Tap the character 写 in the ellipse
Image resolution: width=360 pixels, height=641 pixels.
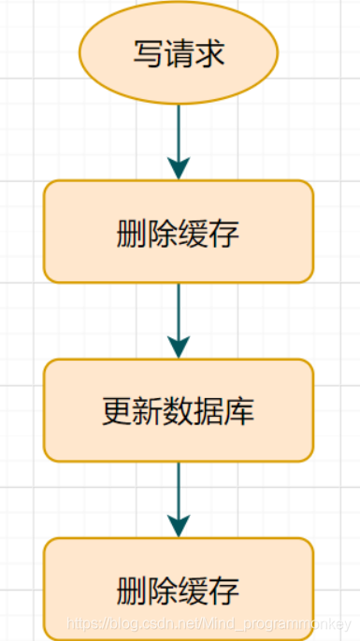[148, 52]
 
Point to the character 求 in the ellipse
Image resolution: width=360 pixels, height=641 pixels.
[209, 52]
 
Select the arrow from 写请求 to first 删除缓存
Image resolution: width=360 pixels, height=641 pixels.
[179, 131]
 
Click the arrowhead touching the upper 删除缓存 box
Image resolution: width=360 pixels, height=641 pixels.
[179, 169]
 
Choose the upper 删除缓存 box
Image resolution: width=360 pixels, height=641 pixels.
[178, 231]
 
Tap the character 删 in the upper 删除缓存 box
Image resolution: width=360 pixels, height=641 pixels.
[133, 233]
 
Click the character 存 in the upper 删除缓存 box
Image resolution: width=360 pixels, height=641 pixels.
[224, 233]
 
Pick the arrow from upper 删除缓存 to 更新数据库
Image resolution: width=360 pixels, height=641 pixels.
[179, 313]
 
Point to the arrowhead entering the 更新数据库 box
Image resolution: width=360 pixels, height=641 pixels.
[179, 348]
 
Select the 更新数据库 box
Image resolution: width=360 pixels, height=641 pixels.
[178, 410]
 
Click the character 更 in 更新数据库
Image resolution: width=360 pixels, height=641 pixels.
[117, 411]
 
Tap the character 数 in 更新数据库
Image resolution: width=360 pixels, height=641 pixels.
[179, 411]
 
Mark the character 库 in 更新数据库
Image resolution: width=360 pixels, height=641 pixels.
[239, 411]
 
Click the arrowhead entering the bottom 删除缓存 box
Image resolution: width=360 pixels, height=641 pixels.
[179, 526]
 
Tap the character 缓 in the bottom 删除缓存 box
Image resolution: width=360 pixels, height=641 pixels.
[194, 590]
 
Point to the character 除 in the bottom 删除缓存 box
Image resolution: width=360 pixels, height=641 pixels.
[163, 590]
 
